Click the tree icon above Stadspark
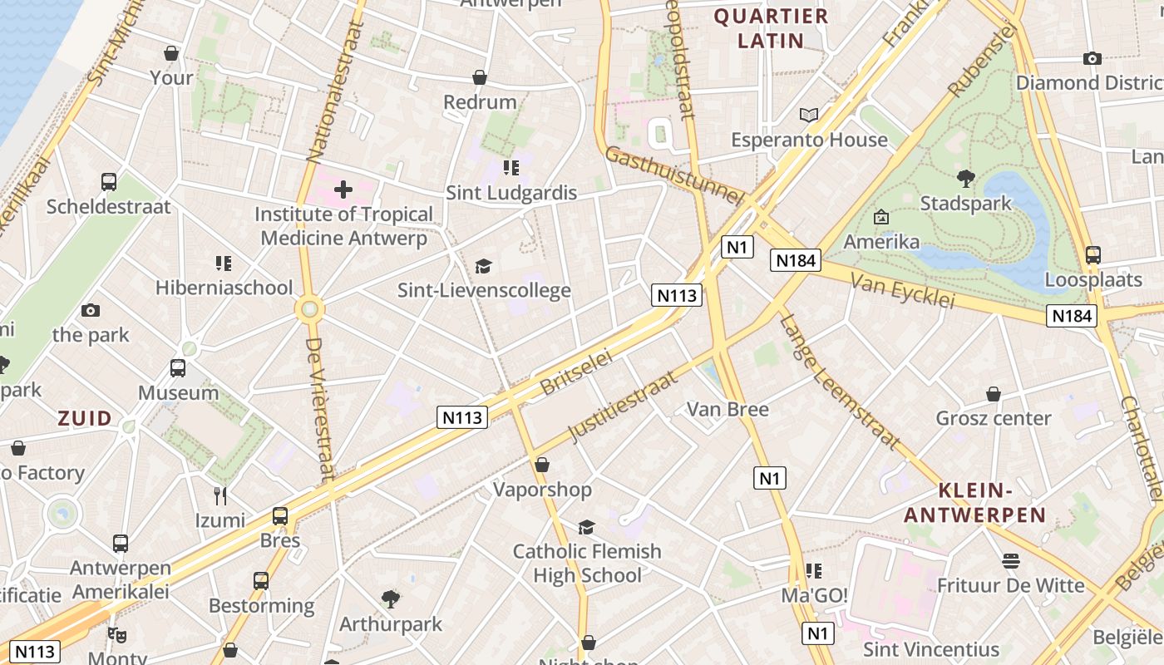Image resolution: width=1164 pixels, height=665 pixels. (x=965, y=178)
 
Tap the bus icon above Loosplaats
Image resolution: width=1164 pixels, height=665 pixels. (x=1092, y=255)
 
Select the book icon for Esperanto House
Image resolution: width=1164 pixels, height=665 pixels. (x=808, y=116)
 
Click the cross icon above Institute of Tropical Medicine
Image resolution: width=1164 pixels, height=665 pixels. (x=343, y=190)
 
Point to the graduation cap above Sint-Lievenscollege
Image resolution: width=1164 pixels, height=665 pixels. (x=483, y=266)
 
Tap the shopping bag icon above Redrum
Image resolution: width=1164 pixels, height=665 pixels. (x=480, y=78)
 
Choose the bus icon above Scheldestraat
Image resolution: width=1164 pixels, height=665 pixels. (x=108, y=182)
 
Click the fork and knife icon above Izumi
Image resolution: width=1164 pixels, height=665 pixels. (x=219, y=496)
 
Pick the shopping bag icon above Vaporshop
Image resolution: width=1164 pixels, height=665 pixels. (x=542, y=465)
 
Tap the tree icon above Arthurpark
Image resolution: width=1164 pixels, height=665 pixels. (x=390, y=598)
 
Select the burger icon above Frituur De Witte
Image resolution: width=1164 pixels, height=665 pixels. (x=1011, y=561)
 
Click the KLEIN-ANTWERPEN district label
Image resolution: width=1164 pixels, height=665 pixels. (x=974, y=503)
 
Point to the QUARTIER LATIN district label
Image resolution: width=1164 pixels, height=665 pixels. (x=771, y=28)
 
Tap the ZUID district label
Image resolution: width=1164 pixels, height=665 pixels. (x=85, y=419)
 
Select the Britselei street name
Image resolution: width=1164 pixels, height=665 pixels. (x=575, y=372)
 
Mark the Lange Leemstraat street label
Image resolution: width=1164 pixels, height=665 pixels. (x=840, y=382)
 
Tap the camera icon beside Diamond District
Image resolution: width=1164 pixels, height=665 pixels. (x=1092, y=58)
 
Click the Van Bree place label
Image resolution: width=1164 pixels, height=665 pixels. (x=727, y=409)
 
